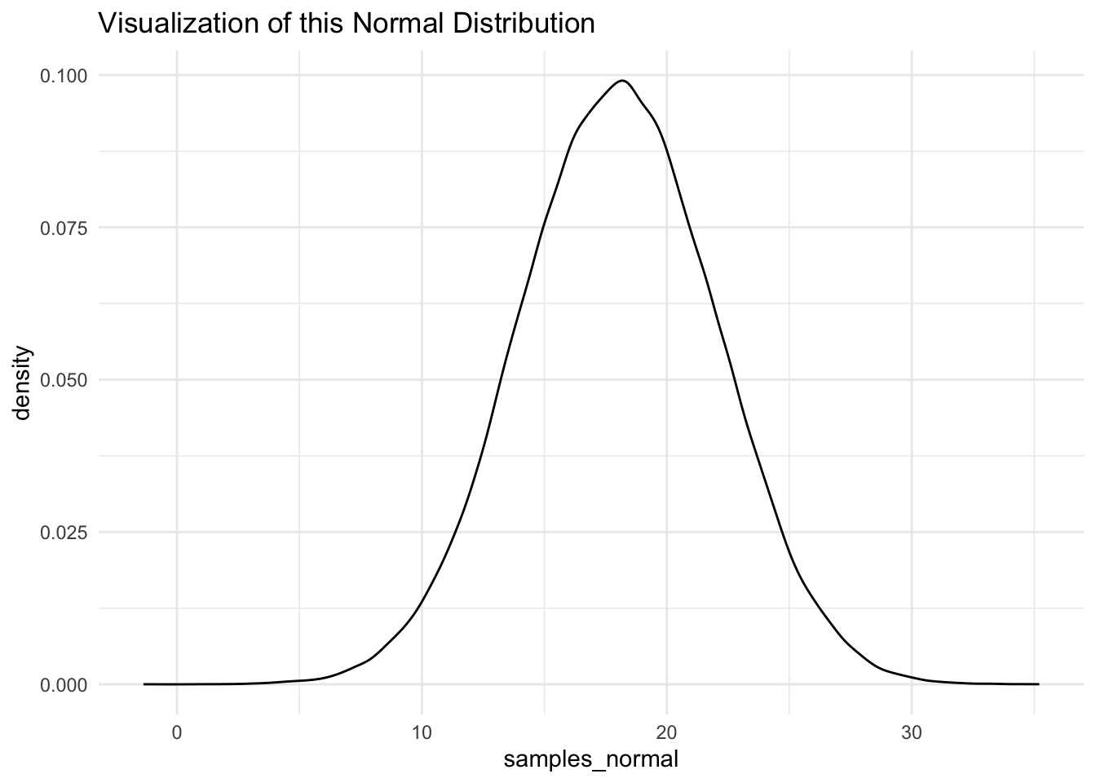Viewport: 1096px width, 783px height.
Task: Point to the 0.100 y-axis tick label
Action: point(64,76)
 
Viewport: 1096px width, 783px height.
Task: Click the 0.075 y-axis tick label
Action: point(64,228)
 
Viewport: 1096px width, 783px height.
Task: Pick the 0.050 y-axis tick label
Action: point(64,380)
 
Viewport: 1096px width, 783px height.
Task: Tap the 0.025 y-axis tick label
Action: point(64,532)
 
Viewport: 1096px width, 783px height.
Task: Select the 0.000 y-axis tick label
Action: point(64,684)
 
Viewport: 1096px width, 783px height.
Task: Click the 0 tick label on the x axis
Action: point(177,710)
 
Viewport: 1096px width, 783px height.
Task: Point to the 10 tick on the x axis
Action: point(422,710)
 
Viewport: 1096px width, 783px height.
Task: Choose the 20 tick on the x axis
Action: point(667,710)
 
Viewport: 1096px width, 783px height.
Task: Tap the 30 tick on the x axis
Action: point(912,710)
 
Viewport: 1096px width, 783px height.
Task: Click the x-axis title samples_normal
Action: point(591,760)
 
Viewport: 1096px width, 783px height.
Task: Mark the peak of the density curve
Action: point(622,81)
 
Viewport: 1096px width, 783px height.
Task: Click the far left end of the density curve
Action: point(144,684)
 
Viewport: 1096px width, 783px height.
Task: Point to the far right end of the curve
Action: point(1038,684)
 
